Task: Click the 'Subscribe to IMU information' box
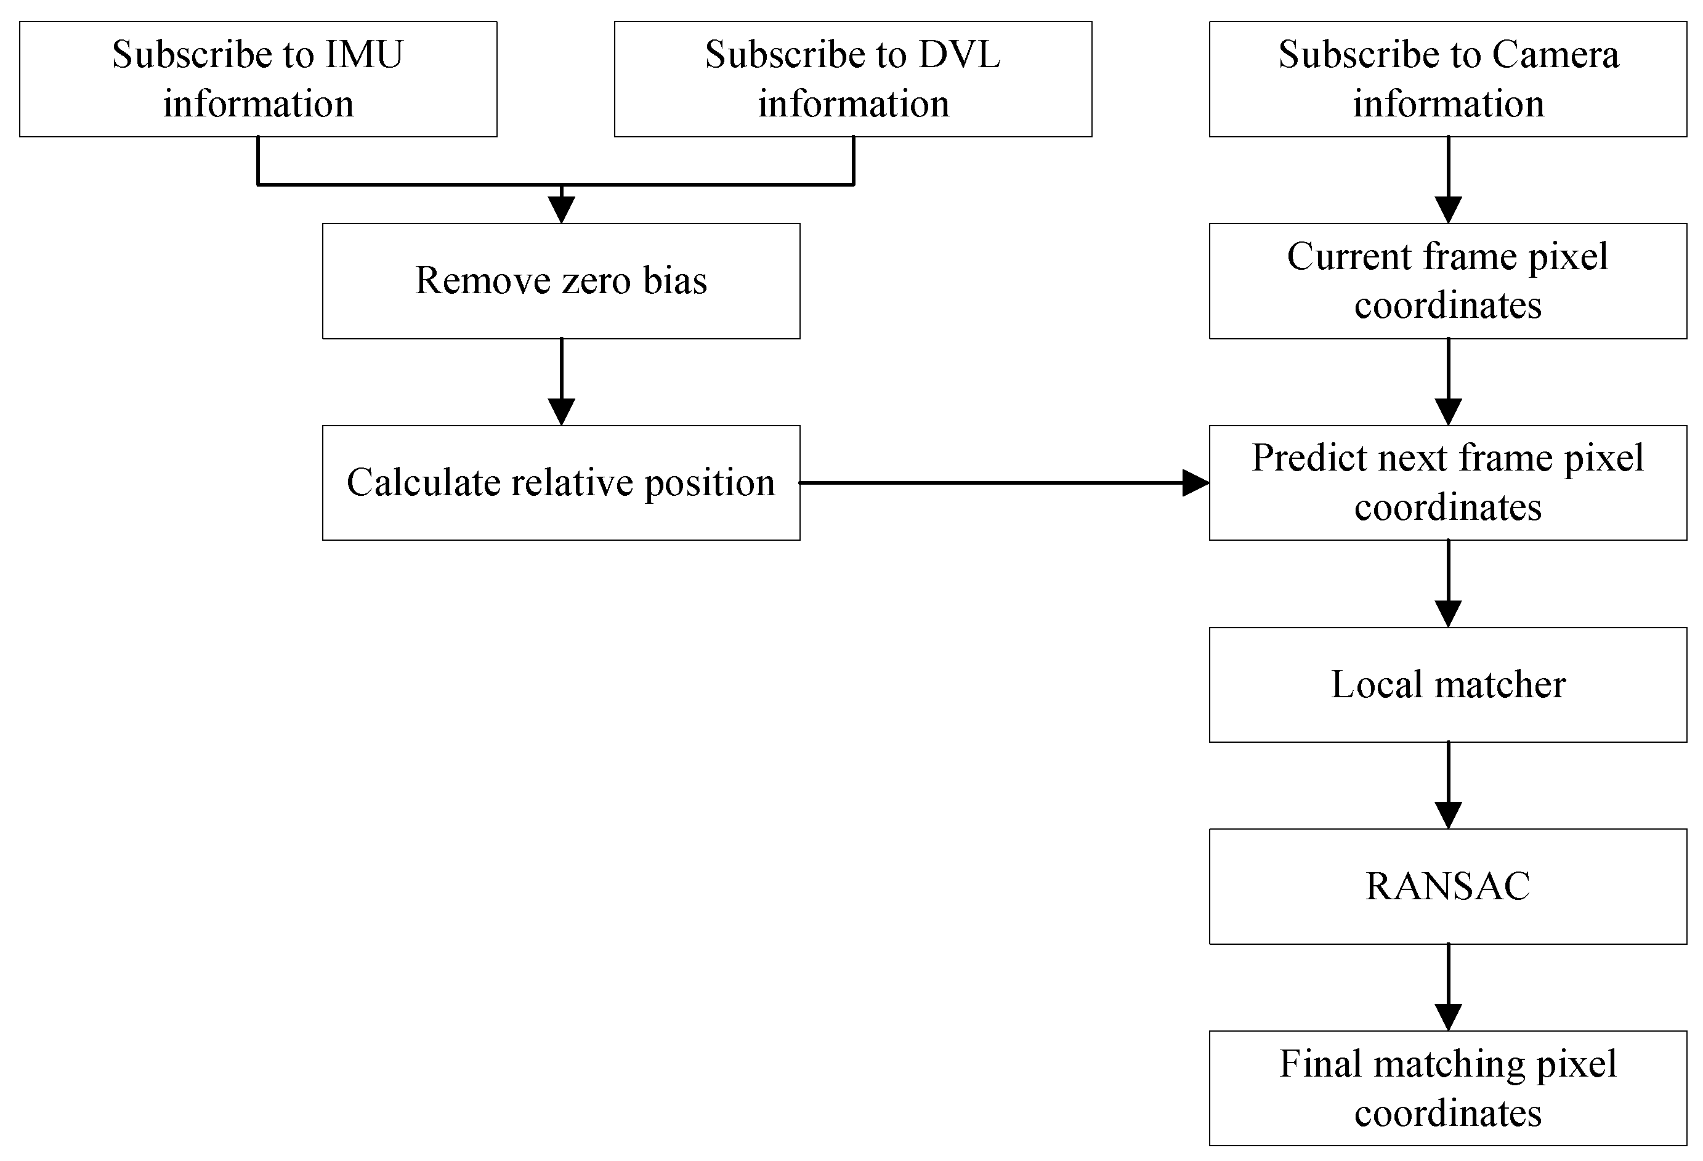click(258, 79)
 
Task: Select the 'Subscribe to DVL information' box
click(853, 79)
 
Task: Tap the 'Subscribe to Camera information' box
click(1448, 79)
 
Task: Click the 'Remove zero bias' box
click(561, 281)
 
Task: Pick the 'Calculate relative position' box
click(561, 483)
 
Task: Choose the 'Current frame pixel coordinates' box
click(1448, 281)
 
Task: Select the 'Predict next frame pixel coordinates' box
click(1448, 483)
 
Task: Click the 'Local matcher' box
click(1448, 684)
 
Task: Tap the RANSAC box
click(1448, 886)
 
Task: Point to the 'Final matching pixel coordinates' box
click(1448, 1088)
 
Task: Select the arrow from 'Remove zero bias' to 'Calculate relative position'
click(561, 382)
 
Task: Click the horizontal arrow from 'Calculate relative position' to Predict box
click(1004, 483)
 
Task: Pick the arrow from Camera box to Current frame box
click(1448, 180)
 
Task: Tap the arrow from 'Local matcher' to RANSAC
click(1448, 786)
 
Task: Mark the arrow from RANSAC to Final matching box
click(1448, 987)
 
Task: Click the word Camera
click(1555, 55)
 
